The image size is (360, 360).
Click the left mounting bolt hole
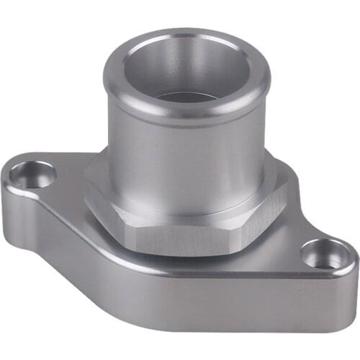(x=32, y=175)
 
